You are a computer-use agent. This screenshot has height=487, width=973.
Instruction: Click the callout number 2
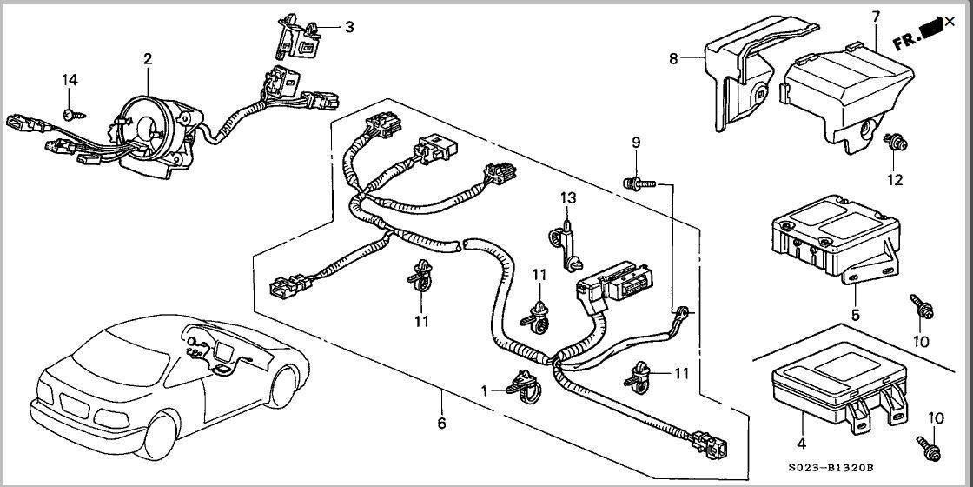(x=148, y=58)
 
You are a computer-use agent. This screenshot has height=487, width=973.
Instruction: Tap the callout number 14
(x=69, y=80)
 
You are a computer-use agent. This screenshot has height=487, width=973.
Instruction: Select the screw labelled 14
(x=69, y=114)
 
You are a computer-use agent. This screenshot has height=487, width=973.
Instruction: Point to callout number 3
(x=349, y=27)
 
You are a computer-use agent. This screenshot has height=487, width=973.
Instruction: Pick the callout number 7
(x=876, y=17)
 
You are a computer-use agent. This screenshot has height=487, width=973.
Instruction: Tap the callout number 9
(x=636, y=142)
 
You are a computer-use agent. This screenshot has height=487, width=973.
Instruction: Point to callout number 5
(x=855, y=315)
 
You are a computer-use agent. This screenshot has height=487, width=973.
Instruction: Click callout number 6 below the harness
(x=441, y=424)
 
